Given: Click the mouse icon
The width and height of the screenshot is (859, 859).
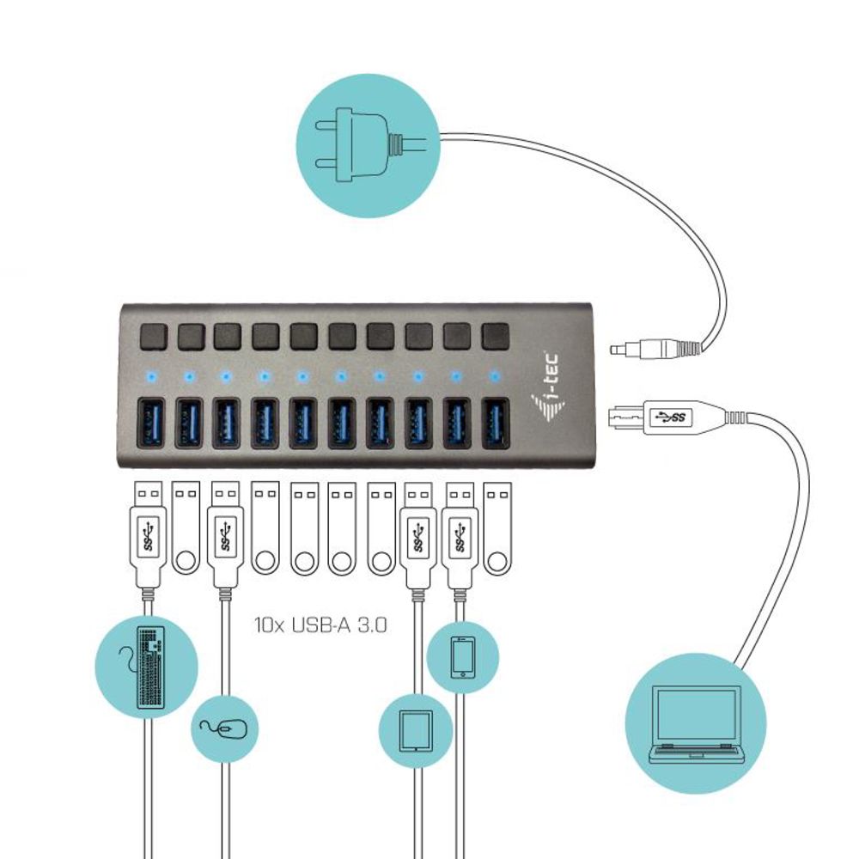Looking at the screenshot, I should pyautogui.click(x=224, y=729).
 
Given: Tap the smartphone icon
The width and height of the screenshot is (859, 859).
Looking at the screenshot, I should pyautogui.click(x=462, y=657).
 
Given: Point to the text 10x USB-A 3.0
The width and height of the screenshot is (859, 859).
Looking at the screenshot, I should pyautogui.click(x=320, y=624).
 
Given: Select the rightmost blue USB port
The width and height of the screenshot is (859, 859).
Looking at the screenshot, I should pyautogui.click(x=495, y=423).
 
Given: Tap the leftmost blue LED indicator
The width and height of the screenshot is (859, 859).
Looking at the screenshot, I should pyautogui.click(x=150, y=376).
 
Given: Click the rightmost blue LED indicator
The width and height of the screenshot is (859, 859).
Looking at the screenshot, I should pyautogui.click(x=494, y=376).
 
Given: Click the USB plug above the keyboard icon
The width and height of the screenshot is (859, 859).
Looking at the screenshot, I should pyautogui.click(x=148, y=533).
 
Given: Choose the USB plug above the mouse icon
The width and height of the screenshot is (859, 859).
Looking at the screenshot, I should pyautogui.click(x=224, y=533).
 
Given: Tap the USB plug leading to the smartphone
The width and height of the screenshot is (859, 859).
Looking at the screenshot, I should pyautogui.click(x=460, y=533).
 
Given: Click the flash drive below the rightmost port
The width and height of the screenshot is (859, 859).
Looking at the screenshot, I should pyautogui.click(x=496, y=528).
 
